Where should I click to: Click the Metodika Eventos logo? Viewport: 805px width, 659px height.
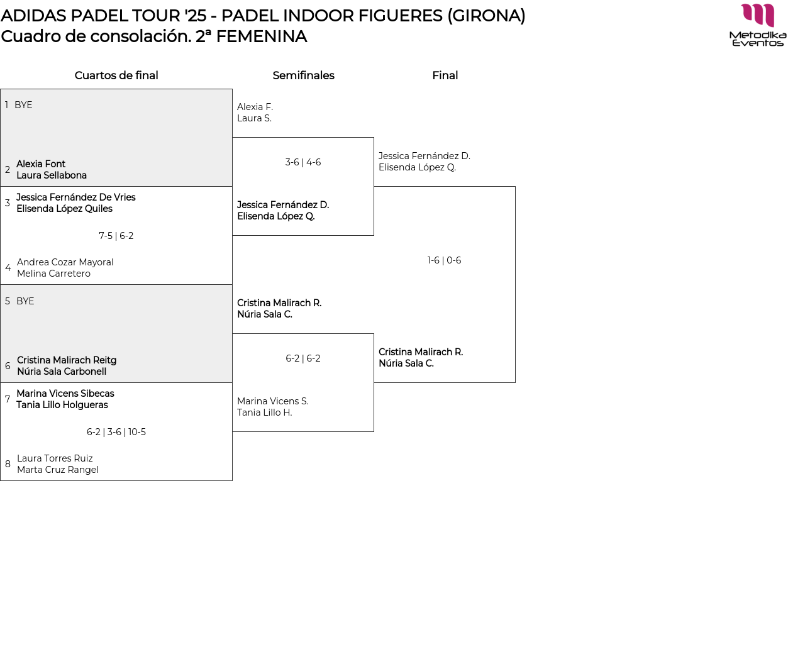[x=758, y=25]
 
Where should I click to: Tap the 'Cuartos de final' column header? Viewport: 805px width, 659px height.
[x=116, y=75]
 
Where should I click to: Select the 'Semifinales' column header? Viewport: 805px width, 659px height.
[x=303, y=75]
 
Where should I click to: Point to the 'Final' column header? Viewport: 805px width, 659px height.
[x=445, y=75]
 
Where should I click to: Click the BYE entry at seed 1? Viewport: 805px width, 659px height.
[x=23, y=105]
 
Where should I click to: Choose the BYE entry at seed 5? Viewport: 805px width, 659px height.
[x=25, y=301]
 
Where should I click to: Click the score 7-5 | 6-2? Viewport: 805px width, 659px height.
[x=116, y=236]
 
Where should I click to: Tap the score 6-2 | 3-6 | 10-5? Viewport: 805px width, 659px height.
[x=116, y=432]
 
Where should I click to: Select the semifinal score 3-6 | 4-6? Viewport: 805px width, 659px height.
[x=303, y=162]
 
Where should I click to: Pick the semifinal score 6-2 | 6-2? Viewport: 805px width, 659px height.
[x=303, y=358]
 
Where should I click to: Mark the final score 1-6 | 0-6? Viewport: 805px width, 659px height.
[x=444, y=260]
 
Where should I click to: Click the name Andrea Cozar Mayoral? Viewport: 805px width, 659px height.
[x=65, y=262]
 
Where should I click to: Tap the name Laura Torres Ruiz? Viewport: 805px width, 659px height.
[x=55, y=458]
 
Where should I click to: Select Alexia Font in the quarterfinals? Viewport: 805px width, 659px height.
[x=41, y=164]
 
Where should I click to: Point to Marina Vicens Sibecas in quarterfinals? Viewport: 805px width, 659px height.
[x=65, y=394]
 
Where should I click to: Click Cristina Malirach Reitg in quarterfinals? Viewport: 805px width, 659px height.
[x=67, y=360]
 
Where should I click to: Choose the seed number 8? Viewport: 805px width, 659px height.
[x=8, y=464]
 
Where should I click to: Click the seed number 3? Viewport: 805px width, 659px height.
[x=8, y=203]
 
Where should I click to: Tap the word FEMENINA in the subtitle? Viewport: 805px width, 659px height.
[x=261, y=36]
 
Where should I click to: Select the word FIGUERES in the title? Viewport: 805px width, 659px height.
[x=400, y=16]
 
